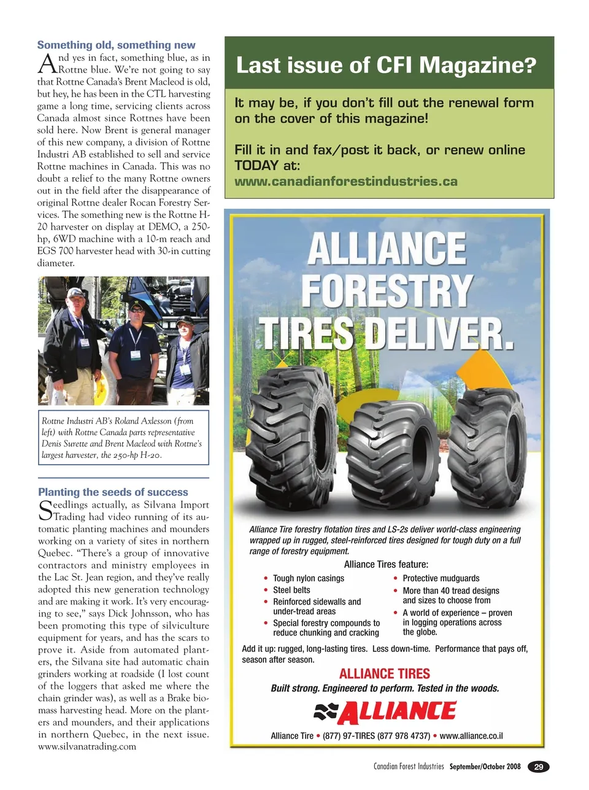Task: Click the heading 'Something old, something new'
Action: coord(116,45)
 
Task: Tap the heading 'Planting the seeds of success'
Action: coord(113,492)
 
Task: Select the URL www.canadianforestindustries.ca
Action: coord(346,181)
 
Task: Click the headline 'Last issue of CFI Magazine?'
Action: coord(386,65)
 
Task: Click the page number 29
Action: coord(539,766)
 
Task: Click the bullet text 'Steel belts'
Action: coord(291,590)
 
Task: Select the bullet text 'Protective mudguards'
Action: coord(441,578)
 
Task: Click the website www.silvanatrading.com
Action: coord(87,746)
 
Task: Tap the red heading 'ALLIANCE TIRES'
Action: coord(385,673)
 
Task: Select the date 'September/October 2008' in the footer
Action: coord(485,766)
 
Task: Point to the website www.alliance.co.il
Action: coord(471,735)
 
